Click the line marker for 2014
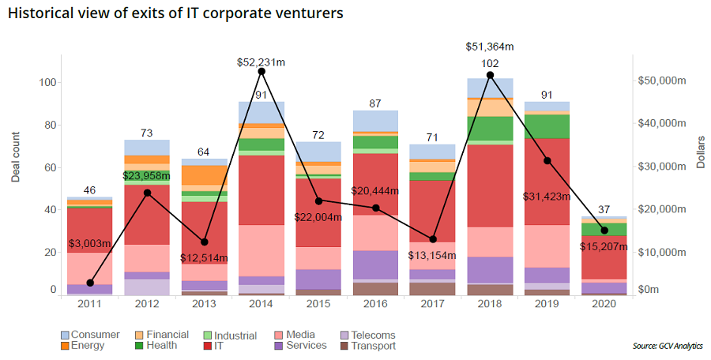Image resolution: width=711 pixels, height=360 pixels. (261, 72)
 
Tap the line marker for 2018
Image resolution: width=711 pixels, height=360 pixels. (490, 75)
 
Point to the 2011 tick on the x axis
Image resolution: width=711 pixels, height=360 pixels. (89, 304)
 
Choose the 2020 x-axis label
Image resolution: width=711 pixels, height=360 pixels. (604, 304)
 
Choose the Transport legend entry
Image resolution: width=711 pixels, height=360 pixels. (371, 345)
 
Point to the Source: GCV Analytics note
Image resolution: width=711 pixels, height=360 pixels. (668, 346)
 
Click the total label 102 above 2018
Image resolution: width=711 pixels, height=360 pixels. (490, 65)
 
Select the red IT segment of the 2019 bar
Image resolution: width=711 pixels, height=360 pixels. (547, 182)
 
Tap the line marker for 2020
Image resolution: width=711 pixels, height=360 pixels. (604, 231)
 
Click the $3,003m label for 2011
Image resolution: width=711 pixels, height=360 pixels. (90, 245)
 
